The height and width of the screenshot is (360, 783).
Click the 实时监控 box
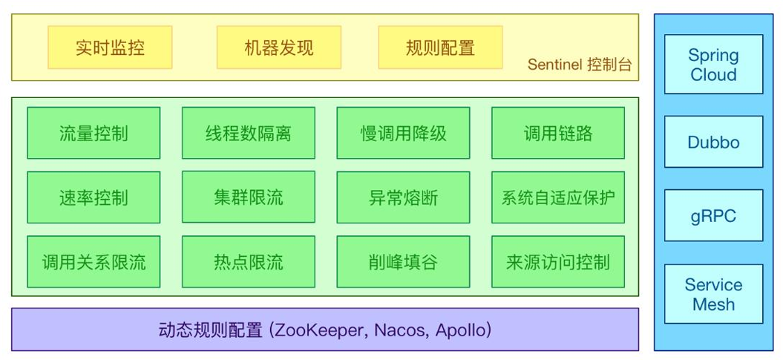pyautogui.click(x=110, y=48)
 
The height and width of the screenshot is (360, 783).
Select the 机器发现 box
pyautogui.click(x=278, y=48)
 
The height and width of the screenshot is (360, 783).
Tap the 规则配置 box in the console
pyautogui.click(x=440, y=48)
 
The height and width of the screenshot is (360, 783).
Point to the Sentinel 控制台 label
pyautogui.click(x=580, y=65)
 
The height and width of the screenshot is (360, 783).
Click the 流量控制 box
pyautogui.click(x=94, y=133)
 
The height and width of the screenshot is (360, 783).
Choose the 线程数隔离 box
pyautogui.click(x=248, y=133)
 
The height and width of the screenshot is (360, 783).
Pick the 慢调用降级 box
pyautogui.click(x=403, y=133)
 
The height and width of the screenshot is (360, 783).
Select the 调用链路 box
pyautogui.click(x=558, y=133)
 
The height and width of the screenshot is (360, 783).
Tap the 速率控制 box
pyautogui.click(x=94, y=197)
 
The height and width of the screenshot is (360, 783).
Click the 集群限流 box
pyautogui.click(x=248, y=197)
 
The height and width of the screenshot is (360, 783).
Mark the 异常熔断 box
pyautogui.click(x=403, y=197)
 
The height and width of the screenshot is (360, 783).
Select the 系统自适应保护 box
pyautogui.click(x=558, y=197)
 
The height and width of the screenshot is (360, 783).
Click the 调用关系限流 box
pyautogui.click(x=94, y=262)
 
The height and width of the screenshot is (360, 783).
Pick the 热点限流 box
pyautogui.click(x=248, y=262)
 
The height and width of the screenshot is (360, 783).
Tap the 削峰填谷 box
pyautogui.click(x=403, y=262)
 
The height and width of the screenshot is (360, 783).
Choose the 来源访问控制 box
pyautogui.click(x=558, y=262)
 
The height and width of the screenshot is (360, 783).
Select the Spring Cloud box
pyautogui.click(x=713, y=65)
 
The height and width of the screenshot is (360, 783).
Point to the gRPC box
pyautogui.click(x=713, y=216)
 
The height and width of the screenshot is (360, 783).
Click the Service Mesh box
pyautogui.click(x=713, y=294)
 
